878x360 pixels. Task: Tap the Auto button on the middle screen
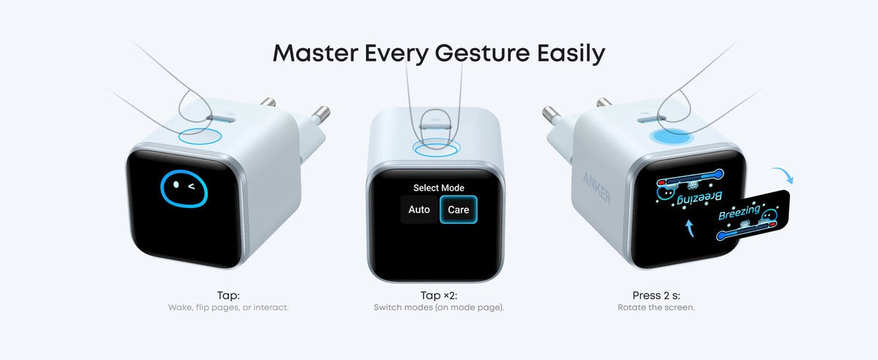tap(419, 210)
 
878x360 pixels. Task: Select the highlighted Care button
tap(458, 210)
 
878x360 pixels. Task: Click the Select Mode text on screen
tap(438, 188)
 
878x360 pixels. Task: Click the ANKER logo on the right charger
tap(596, 188)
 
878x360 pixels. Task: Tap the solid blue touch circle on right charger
tap(672, 138)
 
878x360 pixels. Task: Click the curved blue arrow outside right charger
tap(784, 173)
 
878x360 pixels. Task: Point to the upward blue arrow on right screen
tap(690, 228)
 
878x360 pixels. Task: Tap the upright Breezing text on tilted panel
tap(739, 212)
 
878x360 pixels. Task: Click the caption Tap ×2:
tap(438, 296)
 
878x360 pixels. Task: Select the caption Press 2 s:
tap(656, 296)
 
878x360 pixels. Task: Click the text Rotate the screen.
tap(656, 307)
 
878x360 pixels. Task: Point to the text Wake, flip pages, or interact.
tap(228, 307)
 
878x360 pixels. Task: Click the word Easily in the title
tap(571, 53)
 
